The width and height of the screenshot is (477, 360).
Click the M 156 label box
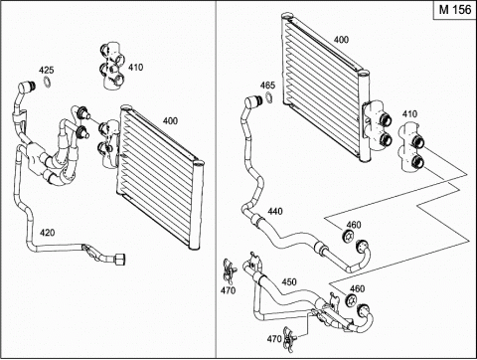(455, 10)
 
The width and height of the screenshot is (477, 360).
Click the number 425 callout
(46, 70)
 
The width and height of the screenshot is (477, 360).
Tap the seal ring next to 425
(48, 83)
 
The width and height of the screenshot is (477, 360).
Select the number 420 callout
(47, 233)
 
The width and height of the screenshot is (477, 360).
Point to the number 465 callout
(267, 86)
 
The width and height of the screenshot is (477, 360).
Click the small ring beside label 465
(269, 97)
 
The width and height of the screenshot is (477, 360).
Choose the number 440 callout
(275, 211)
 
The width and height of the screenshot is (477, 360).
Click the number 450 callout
(289, 282)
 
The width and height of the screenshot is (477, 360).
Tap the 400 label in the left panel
(170, 121)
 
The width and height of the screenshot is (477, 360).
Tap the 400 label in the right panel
(341, 40)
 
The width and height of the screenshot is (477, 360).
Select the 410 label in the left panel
(135, 68)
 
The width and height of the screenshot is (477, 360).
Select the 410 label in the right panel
(409, 114)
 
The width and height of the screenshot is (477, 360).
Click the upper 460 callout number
(353, 225)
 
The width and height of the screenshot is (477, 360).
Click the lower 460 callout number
(357, 288)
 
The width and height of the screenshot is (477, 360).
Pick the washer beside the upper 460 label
(348, 237)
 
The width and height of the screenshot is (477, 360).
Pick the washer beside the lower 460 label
(351, 300)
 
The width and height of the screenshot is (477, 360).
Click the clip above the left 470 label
(230, 270)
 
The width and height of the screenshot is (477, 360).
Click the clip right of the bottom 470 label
(289, 338)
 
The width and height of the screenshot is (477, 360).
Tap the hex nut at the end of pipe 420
(119, 260)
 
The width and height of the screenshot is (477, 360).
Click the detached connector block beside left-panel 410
(112, 66)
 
